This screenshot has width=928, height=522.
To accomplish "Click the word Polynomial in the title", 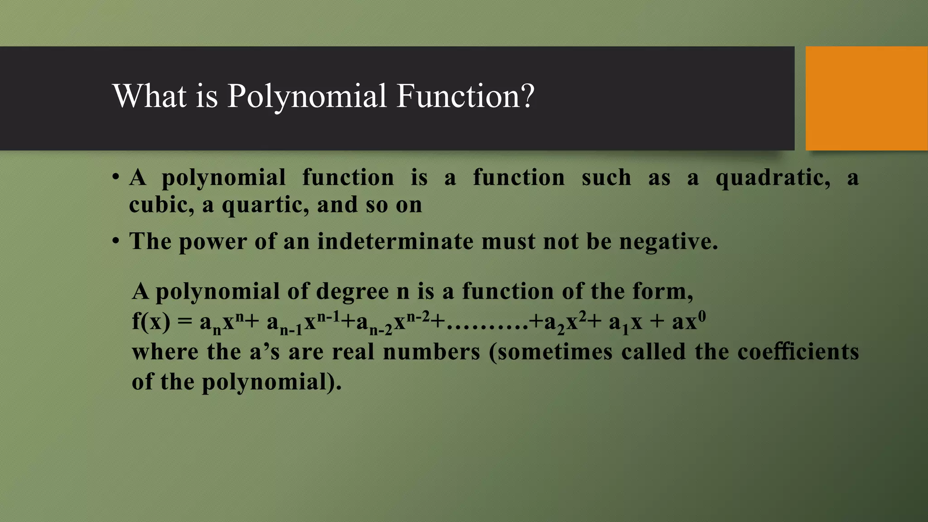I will (x=307, y=96).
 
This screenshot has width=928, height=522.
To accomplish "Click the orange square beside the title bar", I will (x=866, y=98).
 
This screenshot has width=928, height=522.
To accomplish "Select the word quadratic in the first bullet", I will (x=773, y=178).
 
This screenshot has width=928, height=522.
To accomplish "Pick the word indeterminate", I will (x=395, y=241).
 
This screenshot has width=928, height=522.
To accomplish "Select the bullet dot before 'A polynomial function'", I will (x=116, y=176).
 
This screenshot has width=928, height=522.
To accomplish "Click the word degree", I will (x=352, y=292).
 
